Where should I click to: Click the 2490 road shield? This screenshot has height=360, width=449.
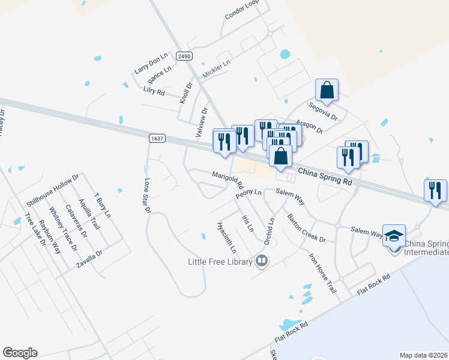click(184, 56)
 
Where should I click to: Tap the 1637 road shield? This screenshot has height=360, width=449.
click(157, 139)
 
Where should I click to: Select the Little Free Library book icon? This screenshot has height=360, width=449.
click(261, 260)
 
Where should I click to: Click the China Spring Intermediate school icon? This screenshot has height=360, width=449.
click(394, 236)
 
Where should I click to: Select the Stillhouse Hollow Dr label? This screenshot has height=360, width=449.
click(53, 191)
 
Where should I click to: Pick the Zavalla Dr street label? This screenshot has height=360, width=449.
click(89, 259)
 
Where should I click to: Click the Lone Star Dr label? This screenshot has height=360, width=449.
click(146, 195)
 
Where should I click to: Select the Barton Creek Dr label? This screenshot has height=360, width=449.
click(306, 228)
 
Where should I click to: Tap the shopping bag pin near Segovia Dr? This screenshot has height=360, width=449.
click(327, 90)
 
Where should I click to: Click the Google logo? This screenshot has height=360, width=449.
click(20, 352)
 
